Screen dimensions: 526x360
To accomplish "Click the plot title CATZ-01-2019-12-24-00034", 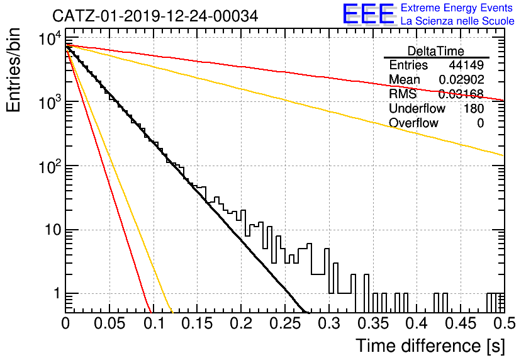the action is click(155, 16).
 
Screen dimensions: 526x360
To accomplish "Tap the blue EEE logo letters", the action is click(368, 14).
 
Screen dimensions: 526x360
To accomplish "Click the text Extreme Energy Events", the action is click(457, 8).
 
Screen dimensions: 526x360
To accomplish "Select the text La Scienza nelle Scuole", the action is click(457, 21).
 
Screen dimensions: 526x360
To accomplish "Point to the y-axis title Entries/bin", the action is click(13, 70).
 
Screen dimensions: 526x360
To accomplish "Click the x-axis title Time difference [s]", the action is click(430, 346).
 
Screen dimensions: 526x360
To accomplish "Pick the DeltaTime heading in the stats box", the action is click(436, 51).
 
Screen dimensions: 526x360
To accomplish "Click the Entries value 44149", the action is click(466, 65).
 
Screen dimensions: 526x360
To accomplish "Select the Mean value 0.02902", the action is click(462, 79).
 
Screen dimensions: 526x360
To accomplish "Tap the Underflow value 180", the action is click(474, 108).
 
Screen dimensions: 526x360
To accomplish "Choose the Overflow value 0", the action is click(480, 123).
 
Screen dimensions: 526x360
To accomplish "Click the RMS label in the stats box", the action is click(403, 94).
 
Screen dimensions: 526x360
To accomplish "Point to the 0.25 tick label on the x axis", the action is click(285, 323).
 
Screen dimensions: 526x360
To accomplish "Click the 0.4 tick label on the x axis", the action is click(417, 323).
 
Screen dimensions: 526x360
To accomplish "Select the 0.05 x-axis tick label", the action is click(109, 323).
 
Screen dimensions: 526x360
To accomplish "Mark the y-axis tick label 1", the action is click(57, 294).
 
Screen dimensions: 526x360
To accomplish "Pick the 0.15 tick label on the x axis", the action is click(197, 323).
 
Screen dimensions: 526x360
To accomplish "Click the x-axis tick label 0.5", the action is click(505, 323).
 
